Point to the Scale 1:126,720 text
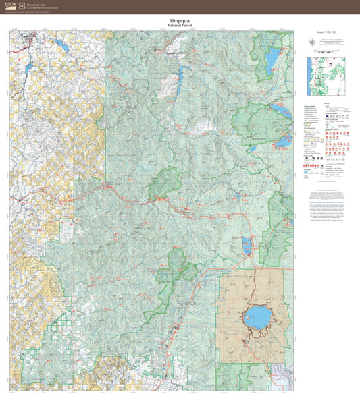coord(326,32)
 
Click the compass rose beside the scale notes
coord(312,42)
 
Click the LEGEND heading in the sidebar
coord(327,103)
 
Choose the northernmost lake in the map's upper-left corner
coord(59,47)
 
